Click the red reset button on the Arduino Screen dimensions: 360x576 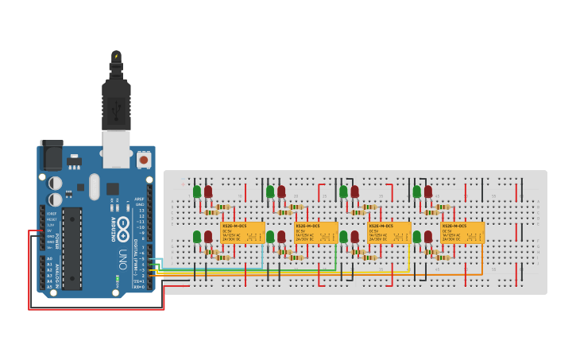point(144,160)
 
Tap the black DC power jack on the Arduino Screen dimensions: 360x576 point(52,155)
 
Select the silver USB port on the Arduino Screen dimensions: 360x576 point(116,149)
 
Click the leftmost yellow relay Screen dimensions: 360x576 point(242,233)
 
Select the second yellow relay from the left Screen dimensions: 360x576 point(315,233)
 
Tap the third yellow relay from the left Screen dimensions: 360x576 point(389,233)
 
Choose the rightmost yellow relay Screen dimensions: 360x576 point(462,233)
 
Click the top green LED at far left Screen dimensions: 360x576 point(197,192)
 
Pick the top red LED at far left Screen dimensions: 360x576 point(208,192)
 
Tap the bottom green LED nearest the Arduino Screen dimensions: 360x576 point(197,237)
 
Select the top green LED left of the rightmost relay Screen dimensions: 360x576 point(416,192)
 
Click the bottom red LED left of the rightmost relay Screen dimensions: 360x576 point(427,237)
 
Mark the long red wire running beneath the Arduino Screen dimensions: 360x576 point(95,308)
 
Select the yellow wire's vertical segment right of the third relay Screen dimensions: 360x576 point(409,257)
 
